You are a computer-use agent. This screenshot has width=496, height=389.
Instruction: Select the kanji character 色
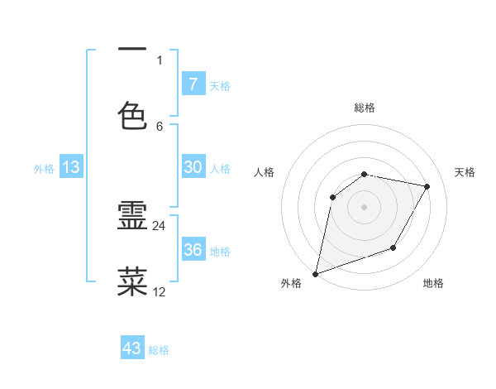[133, 115]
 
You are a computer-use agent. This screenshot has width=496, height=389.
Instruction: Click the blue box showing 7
[193, 84]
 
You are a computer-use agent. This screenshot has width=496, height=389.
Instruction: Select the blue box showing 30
[193, 167]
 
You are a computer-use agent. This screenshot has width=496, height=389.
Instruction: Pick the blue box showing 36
[193, 250]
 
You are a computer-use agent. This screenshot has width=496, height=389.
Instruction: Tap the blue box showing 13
[71, 167]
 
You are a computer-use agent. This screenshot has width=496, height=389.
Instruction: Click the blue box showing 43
[132, 348]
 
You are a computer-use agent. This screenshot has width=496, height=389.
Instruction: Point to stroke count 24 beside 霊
[160, 226]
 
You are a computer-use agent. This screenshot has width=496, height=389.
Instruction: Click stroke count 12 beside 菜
[160, 291]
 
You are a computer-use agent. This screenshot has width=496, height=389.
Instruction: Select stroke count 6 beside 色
[160, 126]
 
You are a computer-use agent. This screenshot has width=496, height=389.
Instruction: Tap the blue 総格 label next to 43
[159, 350]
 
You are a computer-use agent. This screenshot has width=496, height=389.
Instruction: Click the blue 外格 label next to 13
[44, 169]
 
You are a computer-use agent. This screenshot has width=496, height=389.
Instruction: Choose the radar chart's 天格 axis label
[465, 172]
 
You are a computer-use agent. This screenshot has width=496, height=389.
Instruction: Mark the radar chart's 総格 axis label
[364, 108]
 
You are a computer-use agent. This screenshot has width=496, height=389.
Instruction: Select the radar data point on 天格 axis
[427, 187]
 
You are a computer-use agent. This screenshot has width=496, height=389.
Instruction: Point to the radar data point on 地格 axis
[393, 247]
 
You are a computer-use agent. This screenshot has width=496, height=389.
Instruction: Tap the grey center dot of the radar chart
[364, 207]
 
